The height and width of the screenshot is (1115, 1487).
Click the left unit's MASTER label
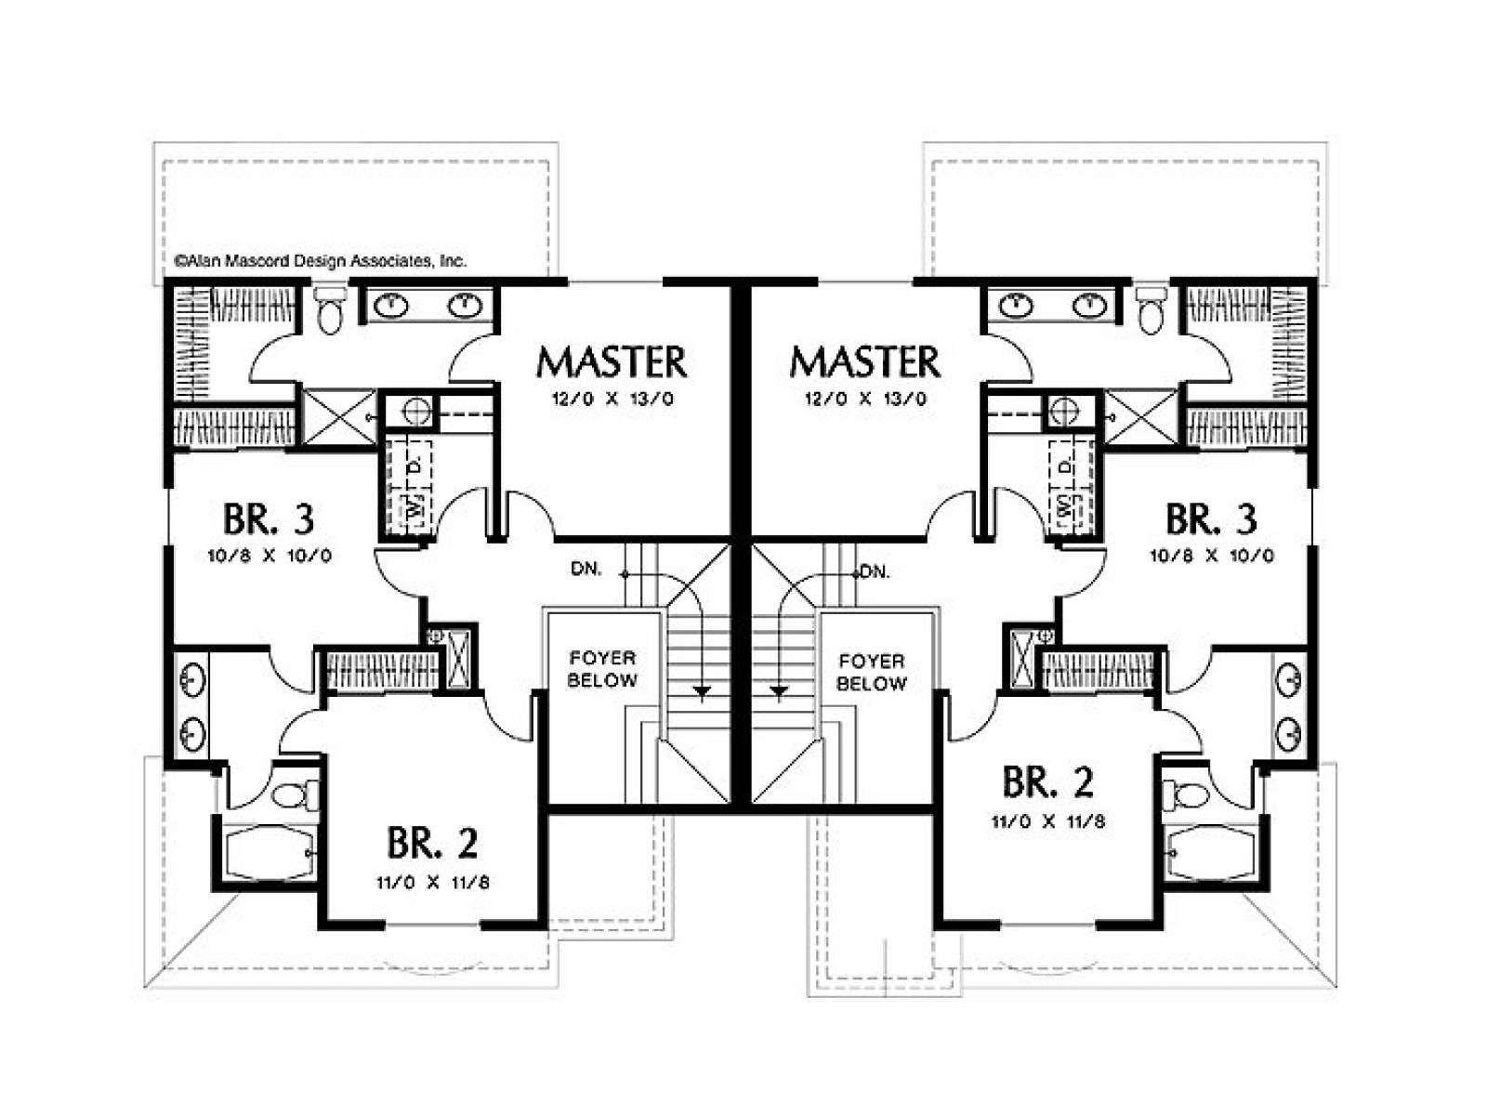coord(611,361)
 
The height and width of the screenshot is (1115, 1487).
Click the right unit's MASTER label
coord(864,361)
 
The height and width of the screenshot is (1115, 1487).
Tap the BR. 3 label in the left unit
coord(269,519)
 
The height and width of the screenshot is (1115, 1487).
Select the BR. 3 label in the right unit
coord(1211,519)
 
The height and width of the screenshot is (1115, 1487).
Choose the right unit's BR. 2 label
coord(1047,781)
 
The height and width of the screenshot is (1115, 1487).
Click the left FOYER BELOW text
coord(602,669)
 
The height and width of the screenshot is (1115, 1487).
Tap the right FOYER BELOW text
coord(871,672)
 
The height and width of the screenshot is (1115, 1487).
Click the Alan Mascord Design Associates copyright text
coord(321,261)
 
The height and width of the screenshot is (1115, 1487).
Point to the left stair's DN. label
coord(586,570)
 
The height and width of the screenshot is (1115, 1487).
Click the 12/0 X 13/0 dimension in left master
coord(612,399)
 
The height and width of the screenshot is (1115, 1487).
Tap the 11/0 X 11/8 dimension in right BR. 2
coord(1048,822)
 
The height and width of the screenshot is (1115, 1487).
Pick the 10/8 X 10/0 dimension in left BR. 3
coord(270,556)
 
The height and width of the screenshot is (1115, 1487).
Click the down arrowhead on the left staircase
coord(702,691)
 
